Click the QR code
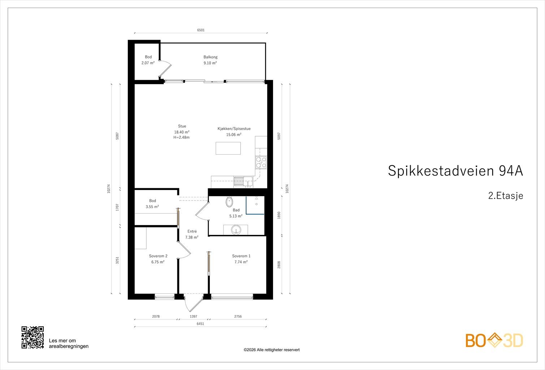[x=33, y=337]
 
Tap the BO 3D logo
[x=494, y=340]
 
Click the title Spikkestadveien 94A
[x=455, y=171]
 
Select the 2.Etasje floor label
[x=506, y=196]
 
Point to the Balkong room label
[x=211, y=57]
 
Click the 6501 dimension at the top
[x=201, y=30]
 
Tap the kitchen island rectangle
[x=228, y=148]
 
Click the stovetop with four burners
[x=261, y=162]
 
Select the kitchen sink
[x=243, y=182]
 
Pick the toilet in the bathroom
[x=229, y=202]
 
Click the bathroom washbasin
[x=236, y=229]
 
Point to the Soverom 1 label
[x=241, y=256]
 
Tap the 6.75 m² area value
[x=158, y=262]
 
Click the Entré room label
[x=192, y=231]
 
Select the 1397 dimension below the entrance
[x=194, y=317]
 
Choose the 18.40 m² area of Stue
[x=182, y=132]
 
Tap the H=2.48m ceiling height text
[x=182, y=137]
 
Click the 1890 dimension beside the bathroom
[x=279, y=215]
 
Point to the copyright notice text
[x=272, y=350]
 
